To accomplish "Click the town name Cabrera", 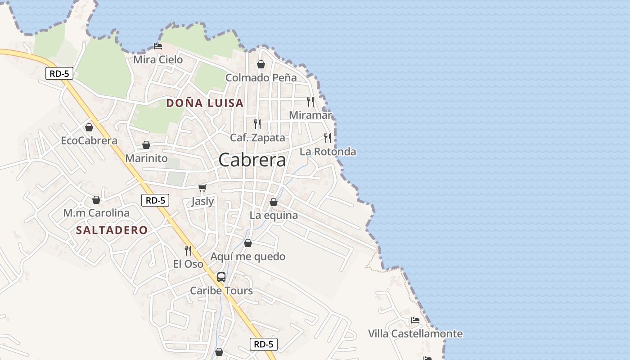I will [x=252, y=160].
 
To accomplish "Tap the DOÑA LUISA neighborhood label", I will [x=205, y=103].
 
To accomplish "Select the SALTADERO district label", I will [x=112, y=230].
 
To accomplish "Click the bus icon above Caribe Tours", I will [x=221, y=277].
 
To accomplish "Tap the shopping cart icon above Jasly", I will [x=202, y=188].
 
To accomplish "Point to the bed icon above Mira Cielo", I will [x=157, y=46].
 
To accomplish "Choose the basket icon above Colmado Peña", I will [x=261, y=64].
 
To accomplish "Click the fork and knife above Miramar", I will [x=310, y=101].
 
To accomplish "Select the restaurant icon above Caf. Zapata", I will [x=257, y=124].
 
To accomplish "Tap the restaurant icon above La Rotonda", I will [x=328, y=138].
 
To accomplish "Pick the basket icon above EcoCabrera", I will [x=89, y=127].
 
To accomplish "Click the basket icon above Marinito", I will [x=146, y=145].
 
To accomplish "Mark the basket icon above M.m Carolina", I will [x=96, y=199].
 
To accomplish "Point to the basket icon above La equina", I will [x=273, y=202].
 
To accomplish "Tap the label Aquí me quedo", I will [x=248, y=256].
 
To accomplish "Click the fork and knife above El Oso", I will [x=188, y=250].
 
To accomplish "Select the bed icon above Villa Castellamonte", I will [x=415, y=320].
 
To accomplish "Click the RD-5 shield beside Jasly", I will [x=155, y=200].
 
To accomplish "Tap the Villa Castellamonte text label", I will [x=415, y=334].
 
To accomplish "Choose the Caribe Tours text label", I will [x=221, y=291].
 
